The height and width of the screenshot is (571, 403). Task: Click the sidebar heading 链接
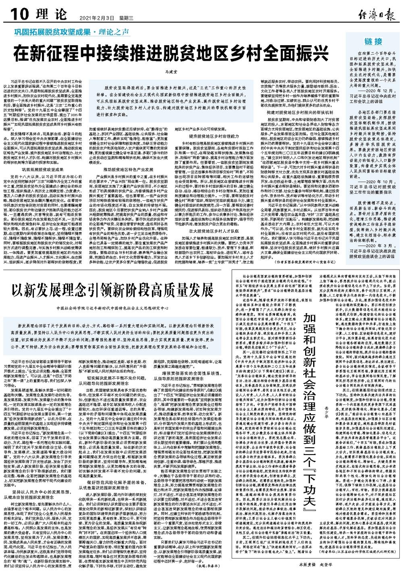(372, 42)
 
